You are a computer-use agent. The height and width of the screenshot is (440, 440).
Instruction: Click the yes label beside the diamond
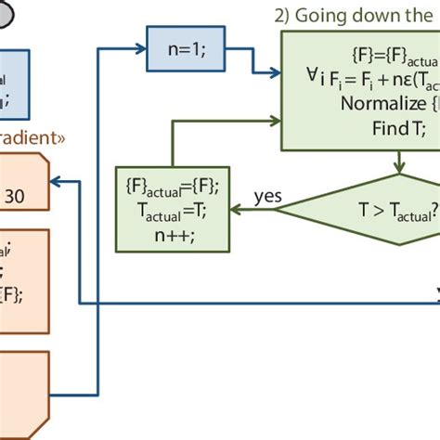(x=267, y=196)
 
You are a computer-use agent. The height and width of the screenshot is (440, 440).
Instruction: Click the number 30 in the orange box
(x=16, y=196)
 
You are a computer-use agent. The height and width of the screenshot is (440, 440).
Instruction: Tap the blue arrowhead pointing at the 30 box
(x=57, y=182)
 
